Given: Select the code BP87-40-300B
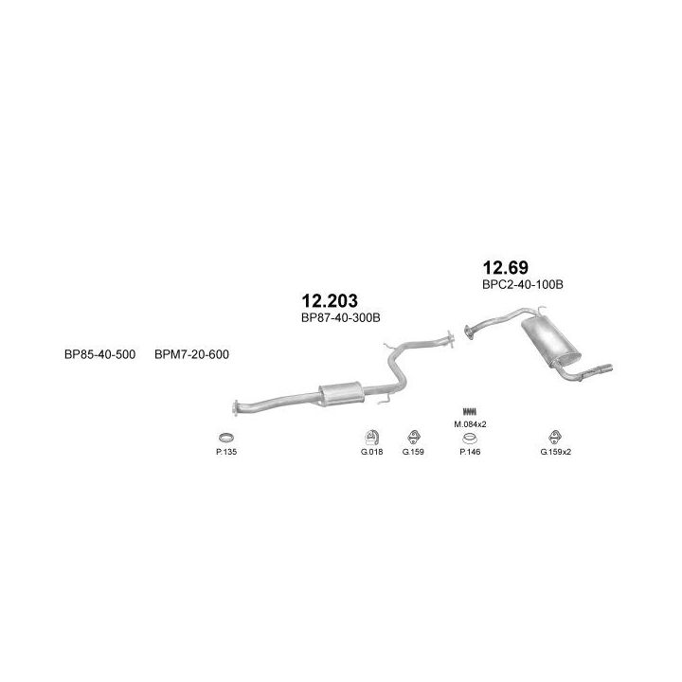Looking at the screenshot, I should (340, 318).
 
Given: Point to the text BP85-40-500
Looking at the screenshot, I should (100, 354).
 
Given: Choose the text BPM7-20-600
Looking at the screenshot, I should (191, 354).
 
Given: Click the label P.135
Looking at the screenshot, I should (225, 451).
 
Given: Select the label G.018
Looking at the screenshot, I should (370, 451).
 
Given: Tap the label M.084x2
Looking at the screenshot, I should (471, 424).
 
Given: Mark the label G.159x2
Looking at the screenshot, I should (556, 451).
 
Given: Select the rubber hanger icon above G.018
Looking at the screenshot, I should (370, 436).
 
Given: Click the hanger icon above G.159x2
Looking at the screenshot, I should (556, 436).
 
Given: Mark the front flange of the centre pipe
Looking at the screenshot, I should (238, 408).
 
